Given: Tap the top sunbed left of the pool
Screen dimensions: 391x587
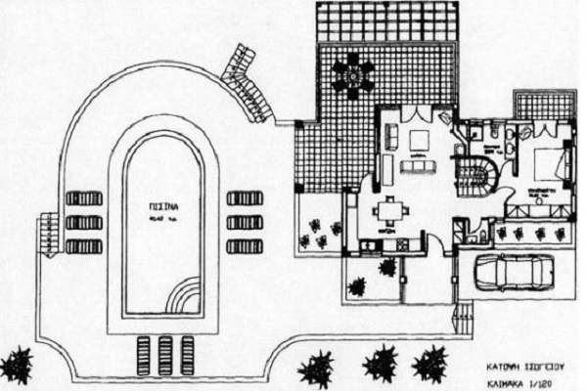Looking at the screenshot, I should pos(84,198).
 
